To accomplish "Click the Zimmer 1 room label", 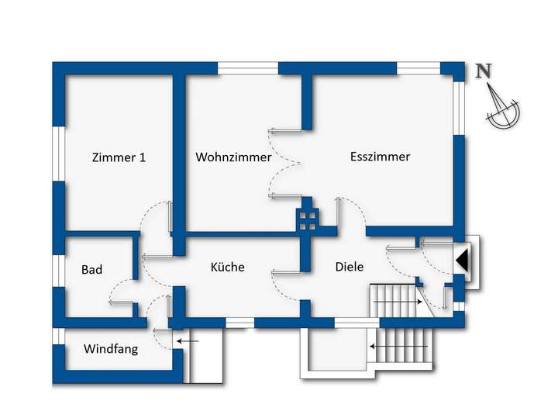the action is pyautogui.click(x=119, y=157).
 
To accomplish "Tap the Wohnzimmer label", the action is pyautogui.click(x=233, y=157).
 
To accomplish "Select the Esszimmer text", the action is pyautogui.click(x=380, y=157).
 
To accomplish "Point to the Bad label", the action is pyautogui.click(x=92, y=270).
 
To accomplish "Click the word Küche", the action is pyautogui.click(x=228, y=267).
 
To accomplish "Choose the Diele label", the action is pyautogui.click(x=350, y=267).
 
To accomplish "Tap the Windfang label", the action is pyautogui.click(x=111, y=349).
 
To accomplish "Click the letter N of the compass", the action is pyautogui.click(x=484, y=72).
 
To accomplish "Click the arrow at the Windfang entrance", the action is pyautogui.click(x=187, y=340).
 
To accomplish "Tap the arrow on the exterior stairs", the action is pyautogui.click(x=381, y=346).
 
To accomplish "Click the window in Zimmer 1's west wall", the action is pyautogui.click(x=58, y=154).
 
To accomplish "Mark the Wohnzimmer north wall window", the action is pyautogui.click(x=247, y=68).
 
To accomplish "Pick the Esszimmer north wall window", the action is pyautogui.click(x=418, y=68).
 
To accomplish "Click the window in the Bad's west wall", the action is pyautogui.click(x=58, y=271).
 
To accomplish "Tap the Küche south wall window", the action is pyautogui.click(x=239, y=322).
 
